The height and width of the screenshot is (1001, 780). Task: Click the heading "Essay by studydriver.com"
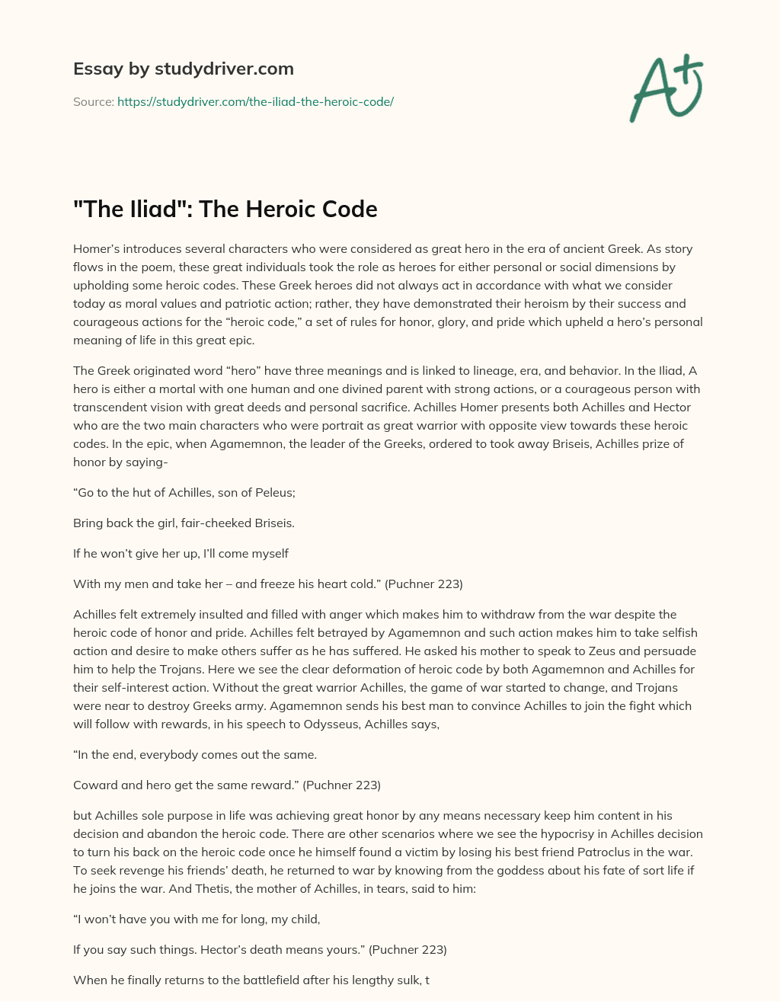(x=183, y=69)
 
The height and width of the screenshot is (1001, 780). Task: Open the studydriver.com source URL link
(x=255, y=101)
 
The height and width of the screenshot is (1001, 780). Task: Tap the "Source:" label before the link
(x=94, y=101)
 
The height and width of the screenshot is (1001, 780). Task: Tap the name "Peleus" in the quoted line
(x=276, y=493)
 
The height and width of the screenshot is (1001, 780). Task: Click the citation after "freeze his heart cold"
(x=424, y=584)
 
